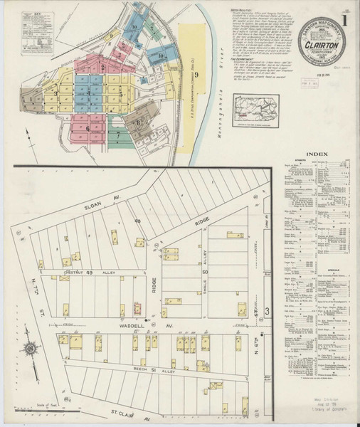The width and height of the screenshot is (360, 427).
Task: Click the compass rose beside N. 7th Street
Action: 33,349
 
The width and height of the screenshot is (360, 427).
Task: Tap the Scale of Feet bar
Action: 36,408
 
